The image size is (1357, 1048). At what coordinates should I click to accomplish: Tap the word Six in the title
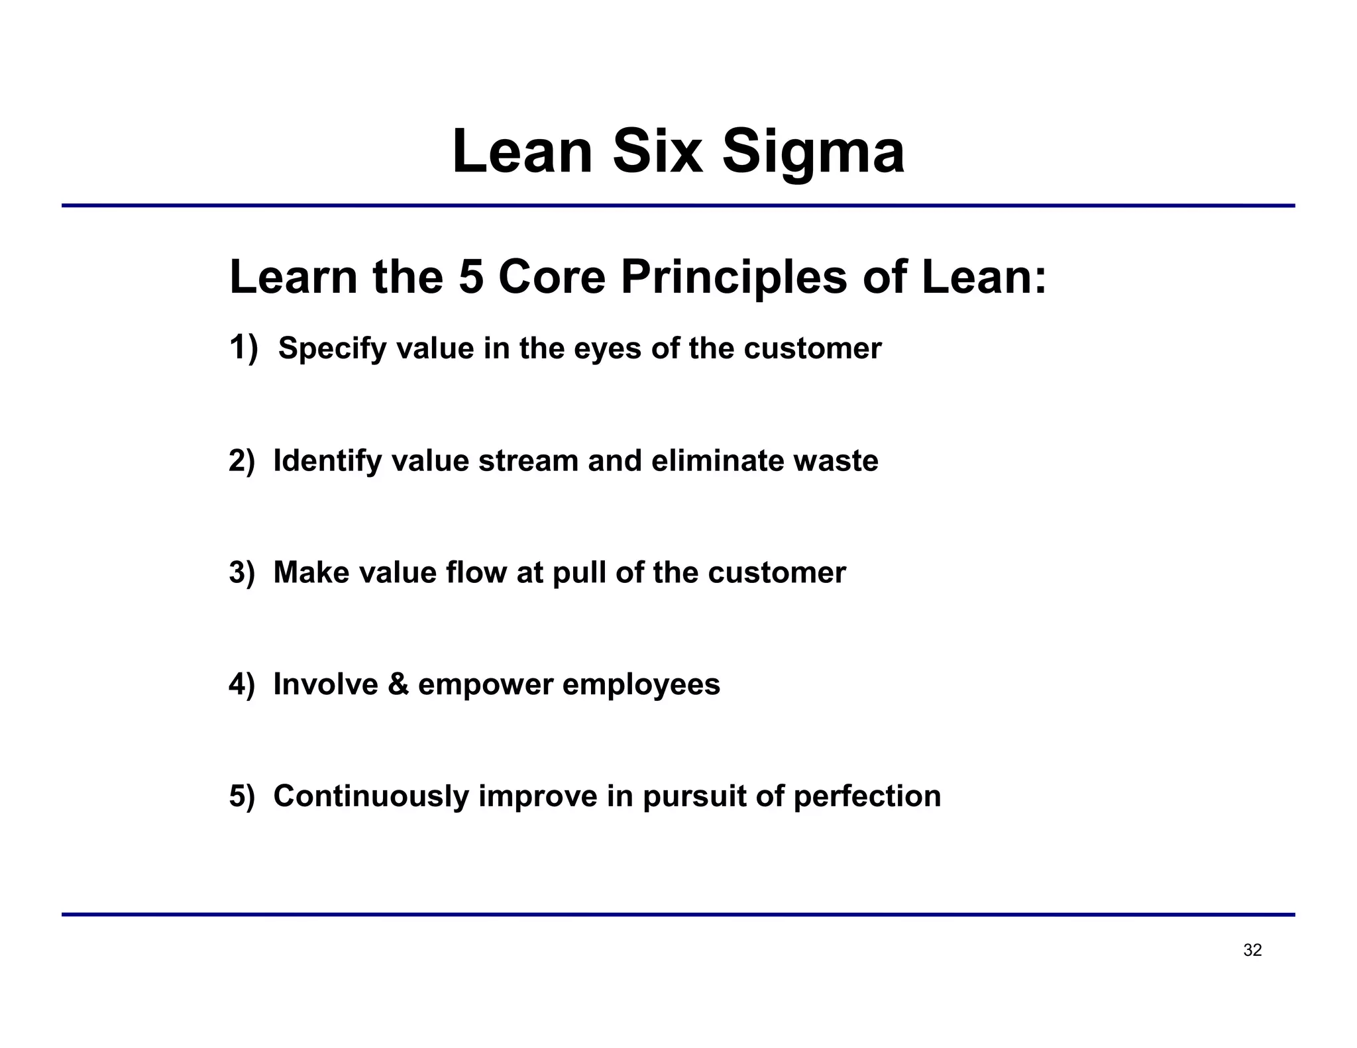click(x=657, y=152)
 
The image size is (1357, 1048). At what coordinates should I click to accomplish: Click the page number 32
click(x=1252, y=951)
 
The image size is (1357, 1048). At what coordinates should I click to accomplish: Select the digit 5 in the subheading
click(x=471, y=277)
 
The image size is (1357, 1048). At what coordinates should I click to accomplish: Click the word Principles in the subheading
click(x=733, y=277)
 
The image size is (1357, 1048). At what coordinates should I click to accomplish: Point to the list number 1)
click(x=243, y=348)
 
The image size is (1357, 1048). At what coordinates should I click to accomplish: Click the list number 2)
click(x=242, y=461)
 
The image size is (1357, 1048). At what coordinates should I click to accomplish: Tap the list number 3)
click(x=242, y=573)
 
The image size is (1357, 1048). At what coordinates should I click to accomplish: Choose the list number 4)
click(x=242, y=684)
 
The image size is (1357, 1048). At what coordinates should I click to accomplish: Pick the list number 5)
click(x=242, y=796)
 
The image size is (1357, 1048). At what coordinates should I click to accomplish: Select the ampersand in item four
click(x=398, y=684)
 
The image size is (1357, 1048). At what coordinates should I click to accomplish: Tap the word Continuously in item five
click(x=371, y=796)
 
